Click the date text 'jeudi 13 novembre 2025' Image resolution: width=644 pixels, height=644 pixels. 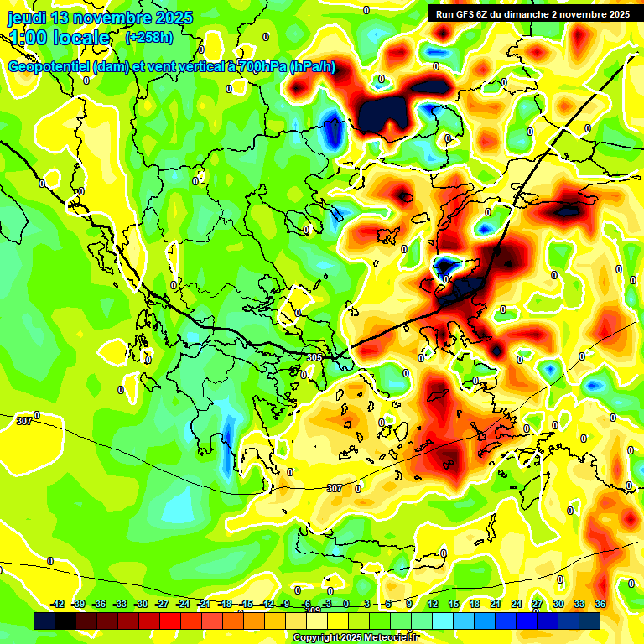pyautogui.click(x=100, y=18)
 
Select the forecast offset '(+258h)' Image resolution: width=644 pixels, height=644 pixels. pyautogui.click(x=149, y=38)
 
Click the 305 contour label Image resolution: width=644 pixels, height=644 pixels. pyautogui.click(x=314, y=357)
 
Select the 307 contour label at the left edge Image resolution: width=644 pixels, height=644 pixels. pyautogui.click(x=24, y=421)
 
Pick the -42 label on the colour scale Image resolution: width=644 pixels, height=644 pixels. pyautogui.click(x=58, y=604)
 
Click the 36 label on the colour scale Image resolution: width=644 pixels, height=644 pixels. pyautogui.click(x=600, y=604)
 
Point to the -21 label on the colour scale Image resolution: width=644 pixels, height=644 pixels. pyautogui.click(x=204, y=604)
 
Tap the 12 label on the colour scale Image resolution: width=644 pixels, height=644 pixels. pyautogui.click(x=433, y=604)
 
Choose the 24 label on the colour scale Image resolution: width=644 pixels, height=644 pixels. pyautogui.click(x=517, y=604)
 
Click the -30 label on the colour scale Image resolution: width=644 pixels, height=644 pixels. pyautogui.click(x=141, y=604)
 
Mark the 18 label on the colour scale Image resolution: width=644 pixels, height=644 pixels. pyautogui.click(x=475, y=604)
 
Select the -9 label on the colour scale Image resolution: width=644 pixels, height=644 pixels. pyautogui.click(x=287, y=604)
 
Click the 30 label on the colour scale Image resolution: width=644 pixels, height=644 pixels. pyautogui.click(x=558, y=604)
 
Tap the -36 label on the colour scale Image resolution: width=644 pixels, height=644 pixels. pyautogui.click(x=99, y=604)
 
